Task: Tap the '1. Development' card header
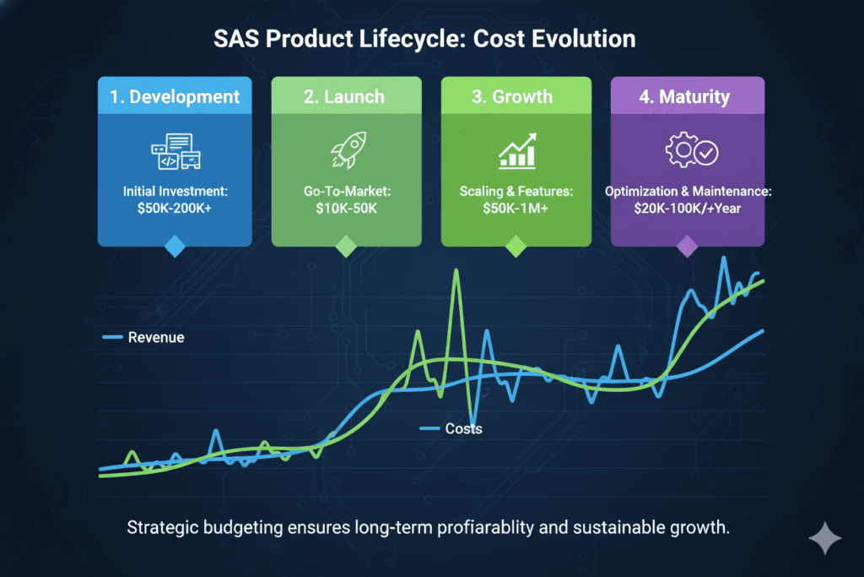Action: tap(174, 96)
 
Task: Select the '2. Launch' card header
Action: tap(346, 96)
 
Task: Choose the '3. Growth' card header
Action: tap(516, 96)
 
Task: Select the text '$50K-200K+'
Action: tap(174, 209)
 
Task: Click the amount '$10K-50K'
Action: tap(346, 209)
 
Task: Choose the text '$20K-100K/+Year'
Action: tap(687, 208)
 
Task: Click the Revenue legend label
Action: tap(156, 338)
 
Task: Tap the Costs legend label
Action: tap(463, 429)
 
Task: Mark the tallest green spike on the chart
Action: tap(456, 272)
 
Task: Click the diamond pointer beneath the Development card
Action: tap(174, 246)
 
